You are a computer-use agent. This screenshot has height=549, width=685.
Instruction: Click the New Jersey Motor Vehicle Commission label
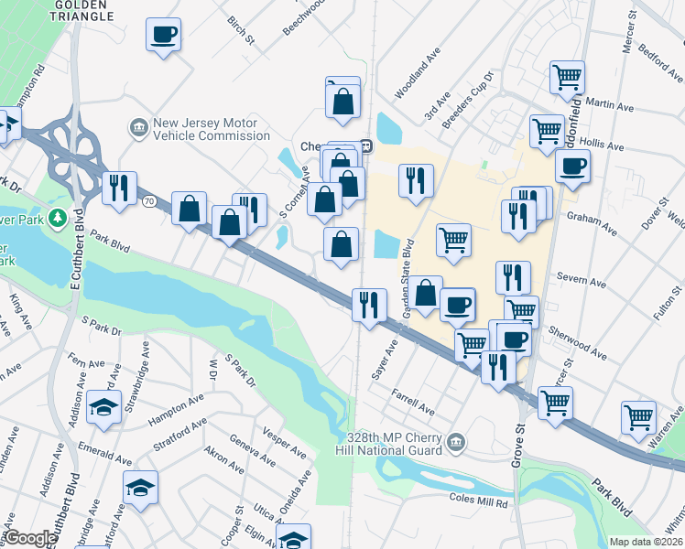tap(199, 129)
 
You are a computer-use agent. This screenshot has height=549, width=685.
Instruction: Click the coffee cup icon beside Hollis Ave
tap(572, 167)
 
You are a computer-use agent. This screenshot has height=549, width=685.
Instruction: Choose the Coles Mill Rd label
tap(478, 501)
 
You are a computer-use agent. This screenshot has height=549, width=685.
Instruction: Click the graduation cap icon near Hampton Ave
tap(104, 406)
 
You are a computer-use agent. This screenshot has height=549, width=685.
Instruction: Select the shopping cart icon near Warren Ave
tap(638, 417)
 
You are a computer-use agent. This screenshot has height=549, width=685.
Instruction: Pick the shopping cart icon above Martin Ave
tap(567, 77)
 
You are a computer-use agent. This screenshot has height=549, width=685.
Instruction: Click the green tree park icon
tap(57, 218)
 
